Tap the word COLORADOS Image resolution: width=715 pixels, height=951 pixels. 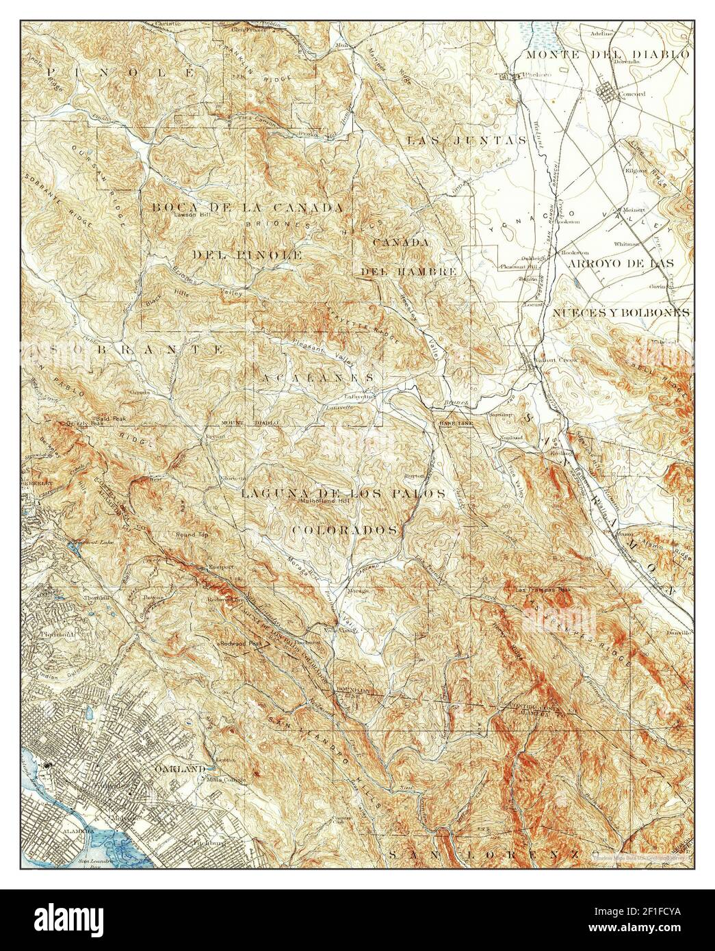346,530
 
